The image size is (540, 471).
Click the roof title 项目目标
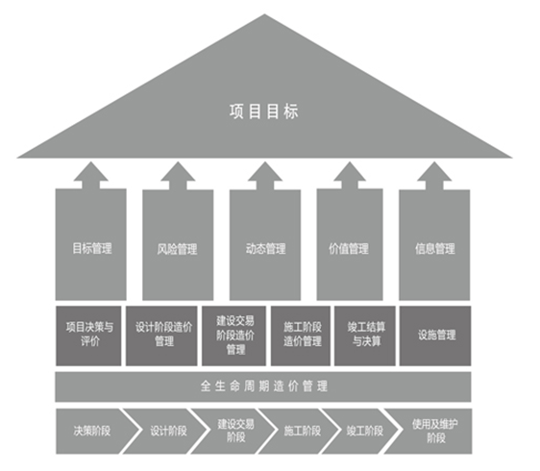264,112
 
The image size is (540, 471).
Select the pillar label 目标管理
92,248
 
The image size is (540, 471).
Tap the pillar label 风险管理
178,249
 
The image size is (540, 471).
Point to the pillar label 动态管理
265,248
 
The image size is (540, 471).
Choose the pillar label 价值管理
349,248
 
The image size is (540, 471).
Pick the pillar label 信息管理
435,248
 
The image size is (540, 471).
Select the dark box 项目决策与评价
88,335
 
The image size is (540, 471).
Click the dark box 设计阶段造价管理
161,335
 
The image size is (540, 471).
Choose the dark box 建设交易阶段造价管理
233,335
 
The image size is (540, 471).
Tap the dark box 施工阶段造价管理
301,335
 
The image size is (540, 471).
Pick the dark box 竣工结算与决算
365,335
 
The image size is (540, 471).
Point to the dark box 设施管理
435,335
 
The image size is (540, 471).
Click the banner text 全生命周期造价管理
264,386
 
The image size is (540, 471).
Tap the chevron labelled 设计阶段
165,431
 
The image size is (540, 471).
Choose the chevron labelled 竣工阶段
360,431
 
